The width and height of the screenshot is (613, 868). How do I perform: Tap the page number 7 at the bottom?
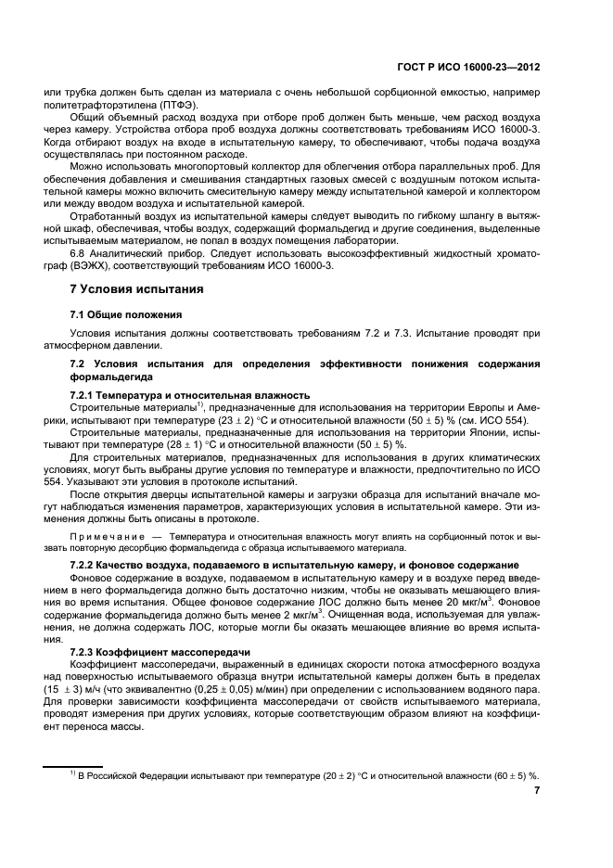pyautogui.click(x=537, y=791)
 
